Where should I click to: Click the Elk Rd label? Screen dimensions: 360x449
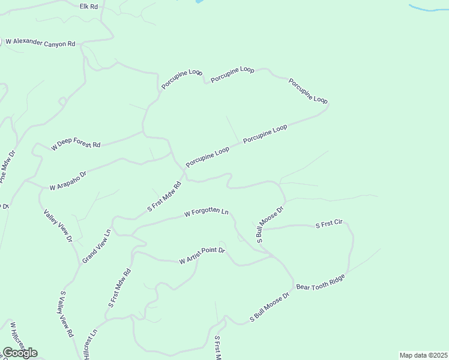88,6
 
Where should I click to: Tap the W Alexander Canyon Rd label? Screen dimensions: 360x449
40,43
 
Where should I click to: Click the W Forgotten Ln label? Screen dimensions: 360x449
206,212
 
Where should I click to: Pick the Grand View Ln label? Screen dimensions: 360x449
97,246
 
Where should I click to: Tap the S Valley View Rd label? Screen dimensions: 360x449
66,314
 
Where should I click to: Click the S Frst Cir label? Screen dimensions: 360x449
329,225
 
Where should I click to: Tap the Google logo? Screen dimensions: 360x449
19,353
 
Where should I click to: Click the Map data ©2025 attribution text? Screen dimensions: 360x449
423,355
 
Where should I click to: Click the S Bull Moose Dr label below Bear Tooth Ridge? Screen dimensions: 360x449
270,308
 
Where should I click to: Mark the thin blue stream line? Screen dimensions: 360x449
427,8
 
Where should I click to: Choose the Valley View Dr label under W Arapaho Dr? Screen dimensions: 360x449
58,226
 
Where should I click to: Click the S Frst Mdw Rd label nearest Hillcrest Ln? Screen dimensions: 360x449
119,287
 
